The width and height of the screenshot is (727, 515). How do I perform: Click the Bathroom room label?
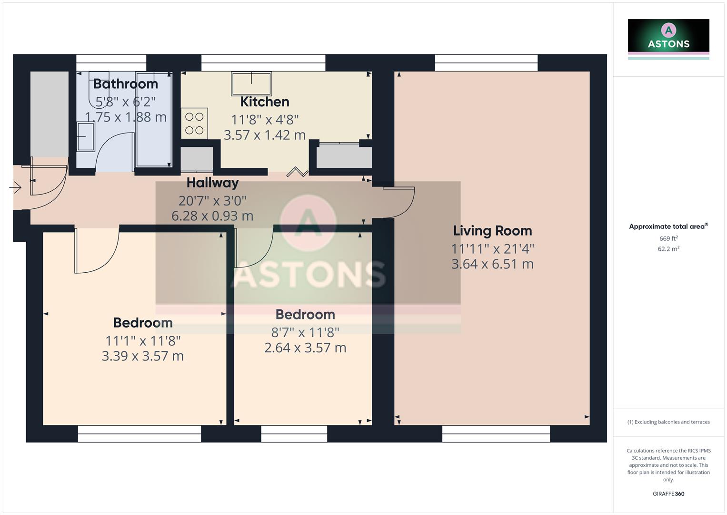[x=125, y=84]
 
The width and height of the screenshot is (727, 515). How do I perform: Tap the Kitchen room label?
[x=265, y=102]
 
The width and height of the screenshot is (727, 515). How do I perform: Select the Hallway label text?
[x=212, y=183]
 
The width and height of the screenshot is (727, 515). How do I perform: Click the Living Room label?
[x=492, y=231]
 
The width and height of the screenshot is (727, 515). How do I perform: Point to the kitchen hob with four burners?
[x=194, y=123]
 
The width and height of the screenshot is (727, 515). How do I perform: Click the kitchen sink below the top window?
[x=251, y=83]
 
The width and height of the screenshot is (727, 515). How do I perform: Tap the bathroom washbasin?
[x=86, y=136]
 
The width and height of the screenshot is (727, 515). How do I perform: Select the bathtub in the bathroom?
[x=154, y=119]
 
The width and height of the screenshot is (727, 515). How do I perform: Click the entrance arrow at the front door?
[x=15, y=188]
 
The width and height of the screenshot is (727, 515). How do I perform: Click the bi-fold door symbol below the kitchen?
[x=298, y=172]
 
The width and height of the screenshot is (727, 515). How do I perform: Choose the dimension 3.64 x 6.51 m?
[x=492, y=264]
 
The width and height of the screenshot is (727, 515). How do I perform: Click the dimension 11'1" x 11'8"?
[x=143, y=341]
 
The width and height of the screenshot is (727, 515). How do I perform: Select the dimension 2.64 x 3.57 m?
[x=305, y=348]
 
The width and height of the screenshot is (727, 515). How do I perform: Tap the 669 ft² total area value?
[x=668, y=238]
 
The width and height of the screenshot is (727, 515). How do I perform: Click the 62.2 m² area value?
[x=668, y=249]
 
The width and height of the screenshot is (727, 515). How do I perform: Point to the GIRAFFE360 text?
[x=668, y=494]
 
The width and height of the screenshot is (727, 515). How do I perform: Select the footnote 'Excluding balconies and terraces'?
[x=668, y=422]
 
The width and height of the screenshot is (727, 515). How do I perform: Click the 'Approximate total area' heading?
[x=667, y=227]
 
